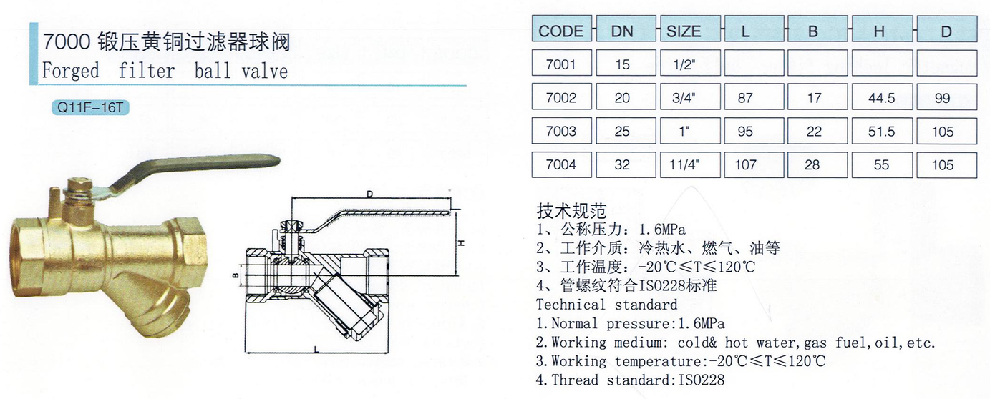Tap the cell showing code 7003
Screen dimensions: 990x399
561,131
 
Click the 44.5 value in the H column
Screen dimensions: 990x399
882,97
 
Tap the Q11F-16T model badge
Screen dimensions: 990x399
90,107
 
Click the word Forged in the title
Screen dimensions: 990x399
70,71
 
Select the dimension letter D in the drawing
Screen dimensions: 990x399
370,194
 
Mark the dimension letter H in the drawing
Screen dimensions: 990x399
461,242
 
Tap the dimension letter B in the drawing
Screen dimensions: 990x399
236,276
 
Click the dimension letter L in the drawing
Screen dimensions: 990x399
316,350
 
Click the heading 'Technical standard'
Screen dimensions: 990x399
606,305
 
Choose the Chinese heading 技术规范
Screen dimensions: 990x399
571,212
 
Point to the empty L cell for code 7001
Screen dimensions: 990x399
754,63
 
